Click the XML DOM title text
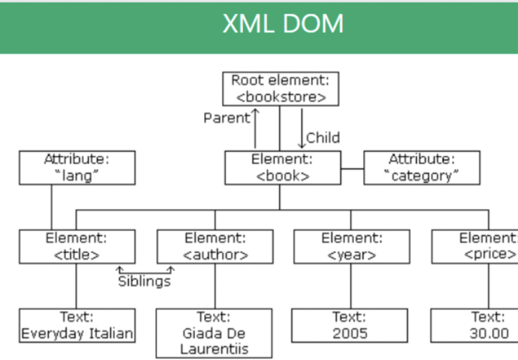click(283, 24)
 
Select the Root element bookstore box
click(281, 88)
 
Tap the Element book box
click(281, 167)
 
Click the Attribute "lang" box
click(77, 167)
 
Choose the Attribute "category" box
click(421, 167)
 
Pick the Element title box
click(77, 247)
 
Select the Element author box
click(215, 247)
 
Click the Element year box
click(351, 247)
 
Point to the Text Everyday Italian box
click(77, 325)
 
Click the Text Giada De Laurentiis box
click(215, 333)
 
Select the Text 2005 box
click(351, 325)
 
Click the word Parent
click(226, 119)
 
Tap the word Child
click(323, 137)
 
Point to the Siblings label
click(145, 281)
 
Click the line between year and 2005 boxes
click(351, 286)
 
